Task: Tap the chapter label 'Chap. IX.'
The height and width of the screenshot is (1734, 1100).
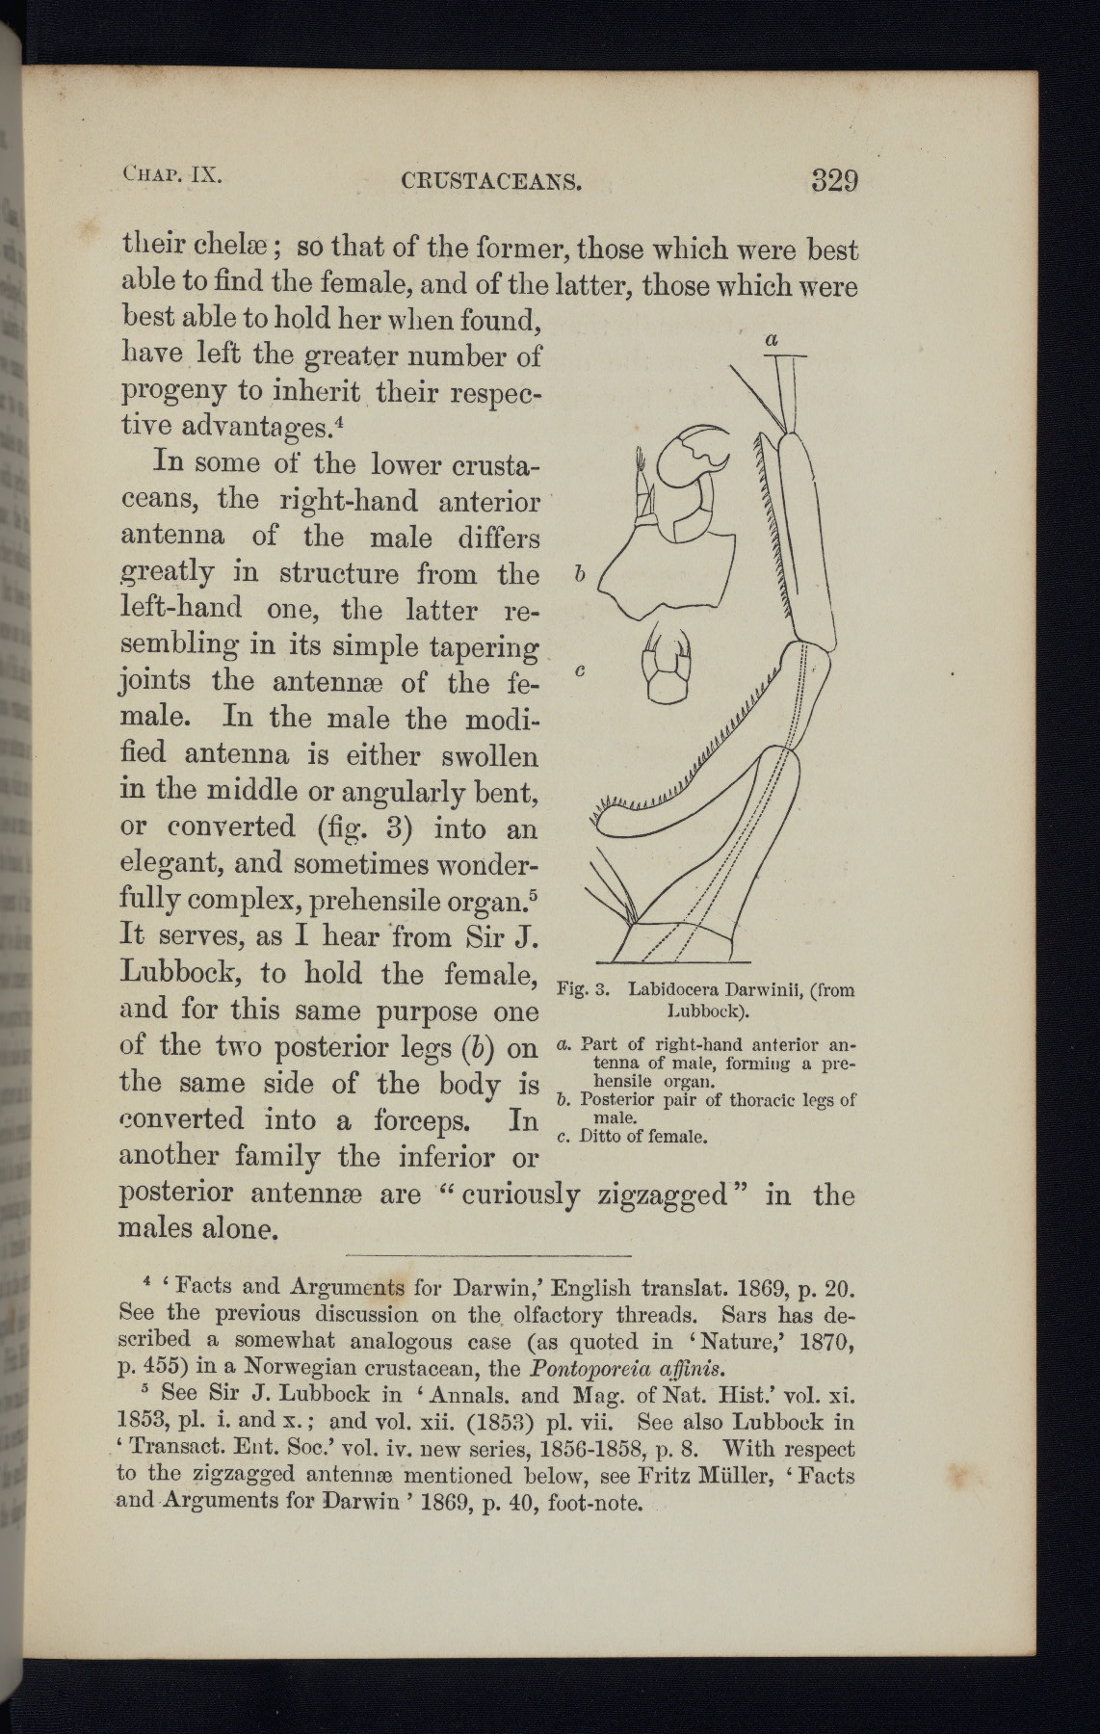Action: (173, 176)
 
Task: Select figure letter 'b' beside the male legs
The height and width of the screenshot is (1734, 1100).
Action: (578, 574)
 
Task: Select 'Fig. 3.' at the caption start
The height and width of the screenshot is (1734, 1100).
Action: (580, 989)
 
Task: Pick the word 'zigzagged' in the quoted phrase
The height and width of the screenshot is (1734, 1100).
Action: (661, 1195)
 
